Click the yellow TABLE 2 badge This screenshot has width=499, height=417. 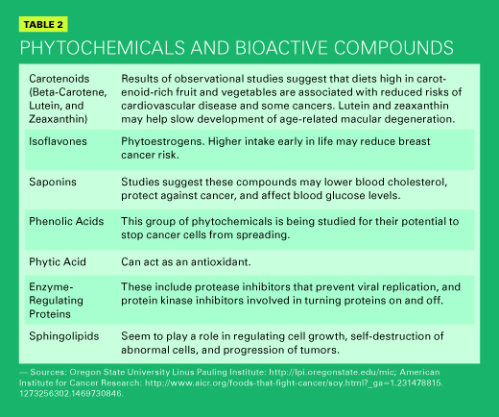tap(43, 24)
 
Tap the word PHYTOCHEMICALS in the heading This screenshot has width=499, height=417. tap(103, 48)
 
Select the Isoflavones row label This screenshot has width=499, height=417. tap(58, 141)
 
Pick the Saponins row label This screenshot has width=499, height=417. tap(53, 182)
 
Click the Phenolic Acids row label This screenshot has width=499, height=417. tap(66, 221)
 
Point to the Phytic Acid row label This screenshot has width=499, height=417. tap(58, 262)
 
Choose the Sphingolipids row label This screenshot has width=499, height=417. tap(64, 336)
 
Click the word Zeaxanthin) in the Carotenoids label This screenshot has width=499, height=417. tap(59, 119)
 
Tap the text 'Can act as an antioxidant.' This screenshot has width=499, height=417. tap(186, 262)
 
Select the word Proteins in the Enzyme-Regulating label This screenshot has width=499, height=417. tap(50, 314)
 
